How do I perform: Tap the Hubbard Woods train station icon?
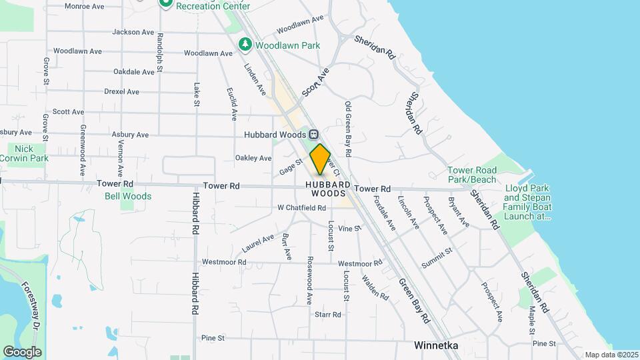(x=313, y=135)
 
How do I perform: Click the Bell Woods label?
(x=128, y=196)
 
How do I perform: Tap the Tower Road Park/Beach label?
(x=472, y=175)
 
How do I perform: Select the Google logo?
(x=22, y=351)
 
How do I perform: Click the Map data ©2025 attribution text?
(x=611, y=355)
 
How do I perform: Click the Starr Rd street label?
(x=327, y=314)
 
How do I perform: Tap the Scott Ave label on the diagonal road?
(x=315, y=83)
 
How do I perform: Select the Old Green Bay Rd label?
(x=348, y=125)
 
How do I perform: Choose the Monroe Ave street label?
(x=85, y=6)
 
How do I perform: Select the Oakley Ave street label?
(x=253, y=158)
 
